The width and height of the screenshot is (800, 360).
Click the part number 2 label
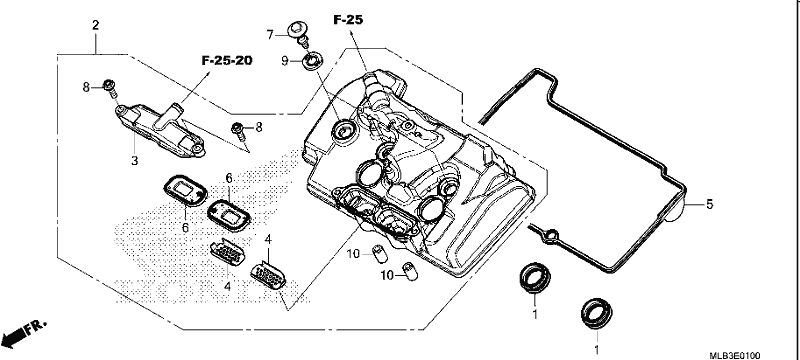pyautogui.click(x=95, y=24)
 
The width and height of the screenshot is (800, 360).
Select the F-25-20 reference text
pyautogui.click(x=227, y=61)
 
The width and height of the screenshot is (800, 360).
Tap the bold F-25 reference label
pyautogui.click(x=348, y=20)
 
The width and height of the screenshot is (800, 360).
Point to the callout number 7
pyautogui.click(x=270, y=35)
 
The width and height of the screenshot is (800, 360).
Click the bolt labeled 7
pyautogui.click(x=297, y=32)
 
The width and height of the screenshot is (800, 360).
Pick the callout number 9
pyautogui.click(x=285, y=61)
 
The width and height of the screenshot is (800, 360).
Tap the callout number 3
pyautogui.click(x=134, y=161)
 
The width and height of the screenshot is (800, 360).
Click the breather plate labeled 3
pyautogui.click(x=159, y=130)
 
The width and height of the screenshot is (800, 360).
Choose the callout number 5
pyautogui.click(x=709, y=205)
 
